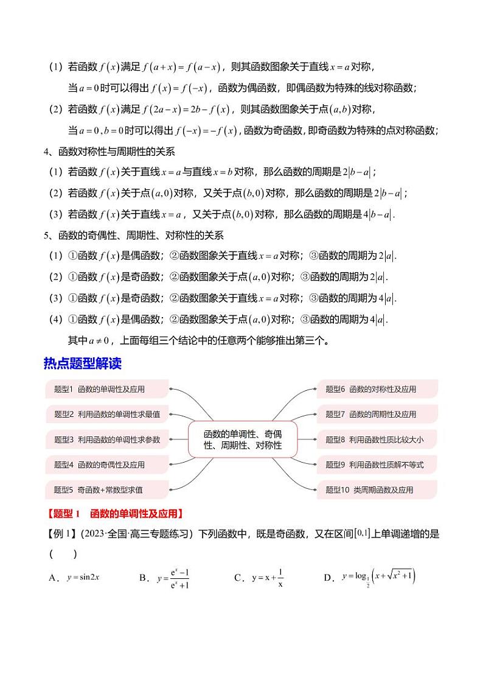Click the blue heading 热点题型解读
(x=83, y=363)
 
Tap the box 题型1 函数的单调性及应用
(x=106, y=389)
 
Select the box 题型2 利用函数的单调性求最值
(x=106, y=414)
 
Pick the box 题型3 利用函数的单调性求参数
(x=106, y=440)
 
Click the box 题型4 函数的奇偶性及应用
(x=106, y=464)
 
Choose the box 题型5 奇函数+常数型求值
(x=106, y=489)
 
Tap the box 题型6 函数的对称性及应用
(x=377, y=389)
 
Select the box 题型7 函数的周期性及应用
(x=377, y=414)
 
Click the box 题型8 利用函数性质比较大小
(x=377, y=440)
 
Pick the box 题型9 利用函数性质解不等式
(x=377, y=464)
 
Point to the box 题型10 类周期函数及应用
(x=377, y=489)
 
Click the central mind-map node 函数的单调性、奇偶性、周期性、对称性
(x=243, y=439)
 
